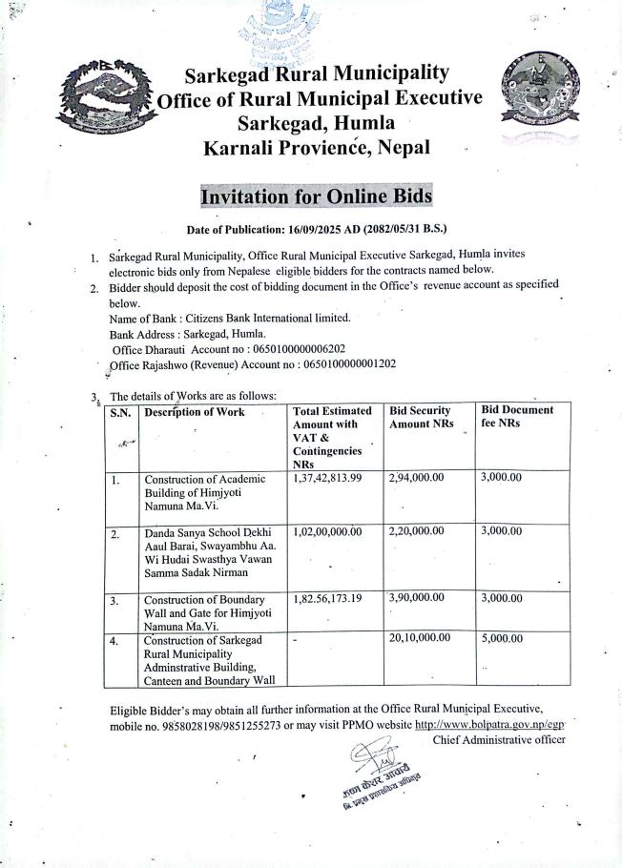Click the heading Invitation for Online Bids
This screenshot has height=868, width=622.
tap(316, 196)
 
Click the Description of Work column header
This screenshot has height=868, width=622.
tap(194, 412)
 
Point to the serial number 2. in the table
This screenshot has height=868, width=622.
tap(115, 535)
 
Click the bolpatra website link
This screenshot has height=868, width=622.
tap(490, 725)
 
